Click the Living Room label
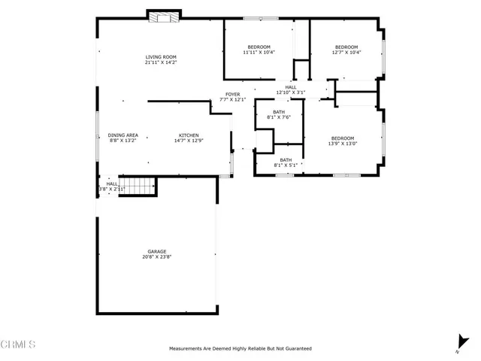click(161, 57)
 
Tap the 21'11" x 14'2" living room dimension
click(161, 63)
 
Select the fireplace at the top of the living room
click(163, 16)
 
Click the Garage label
click(157, 251)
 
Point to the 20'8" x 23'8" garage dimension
click(157, 257)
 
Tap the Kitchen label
click(188, 135)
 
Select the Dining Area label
click(123, 135)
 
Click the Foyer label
click(233, 94)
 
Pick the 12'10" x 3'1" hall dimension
click(291, 93)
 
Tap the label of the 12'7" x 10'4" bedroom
click(346, 47)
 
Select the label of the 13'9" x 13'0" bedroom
click(342, 138)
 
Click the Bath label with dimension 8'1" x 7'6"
click(279, 112)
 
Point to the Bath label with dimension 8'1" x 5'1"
click(286, 159)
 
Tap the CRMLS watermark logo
click(19, 345)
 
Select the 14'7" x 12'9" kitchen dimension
click(188, 141)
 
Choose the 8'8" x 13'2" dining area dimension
click(123, 141)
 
